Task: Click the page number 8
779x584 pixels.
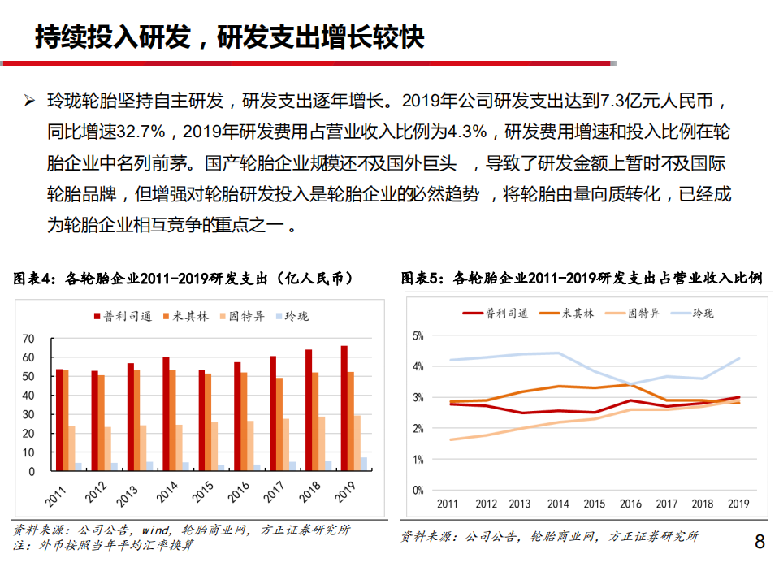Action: pos(760,542)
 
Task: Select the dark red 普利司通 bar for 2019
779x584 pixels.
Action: pos(344,408)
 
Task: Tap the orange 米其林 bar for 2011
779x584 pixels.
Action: pos(66,420)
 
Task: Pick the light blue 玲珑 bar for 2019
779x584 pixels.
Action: pos(363,464)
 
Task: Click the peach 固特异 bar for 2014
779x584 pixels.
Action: pos(180,448)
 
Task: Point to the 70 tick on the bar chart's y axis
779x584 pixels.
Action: pos(28,339)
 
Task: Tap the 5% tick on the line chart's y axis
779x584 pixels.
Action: pos(418,335)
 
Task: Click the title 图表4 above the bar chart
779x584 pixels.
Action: pos(34,279)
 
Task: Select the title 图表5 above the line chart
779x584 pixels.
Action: pos(422,279)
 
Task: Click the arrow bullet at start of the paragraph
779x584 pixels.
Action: pos(29,102)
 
